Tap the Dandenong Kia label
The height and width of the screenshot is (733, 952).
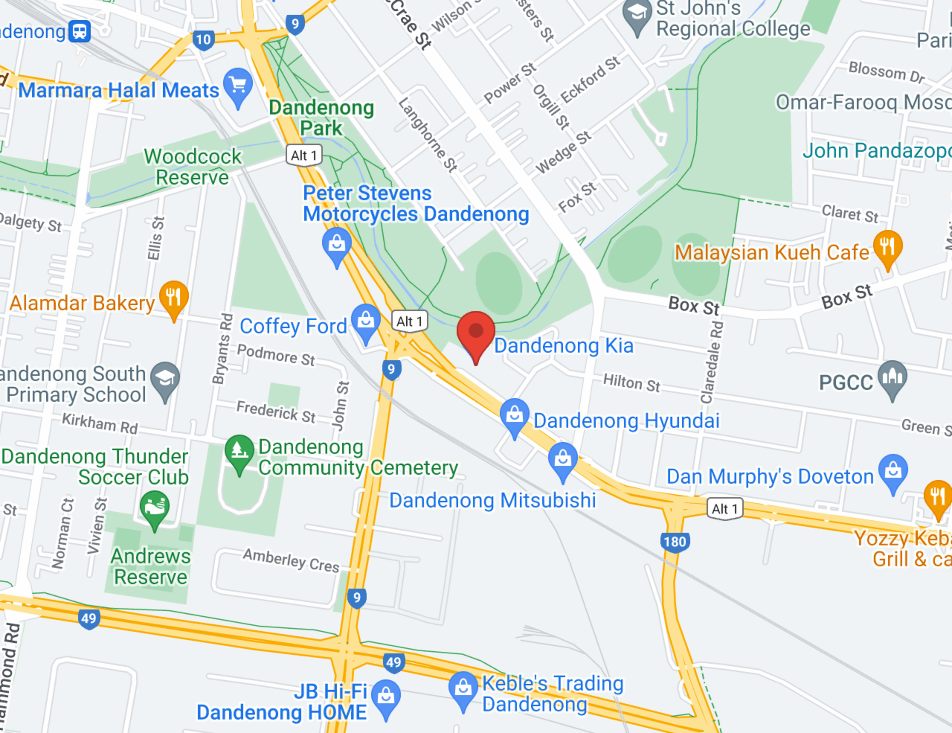(x=563, y=346)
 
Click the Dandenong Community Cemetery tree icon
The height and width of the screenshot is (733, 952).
(x=239, y=451)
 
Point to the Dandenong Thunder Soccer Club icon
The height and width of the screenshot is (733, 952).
(x=154, y=507)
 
